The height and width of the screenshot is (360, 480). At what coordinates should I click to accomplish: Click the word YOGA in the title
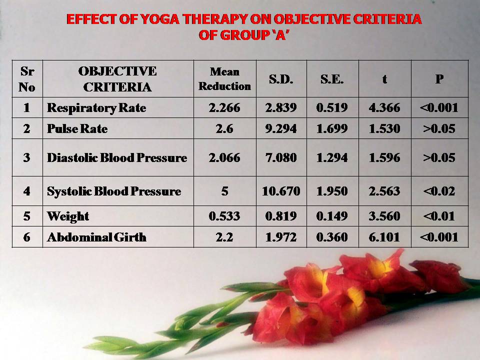(x=160, y=19)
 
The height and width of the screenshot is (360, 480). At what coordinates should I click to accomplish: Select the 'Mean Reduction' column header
(x=224, y=79)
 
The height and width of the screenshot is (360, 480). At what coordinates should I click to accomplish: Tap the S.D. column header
(x=281, y=79)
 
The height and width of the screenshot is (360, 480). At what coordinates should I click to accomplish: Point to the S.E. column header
(x=332, y=79)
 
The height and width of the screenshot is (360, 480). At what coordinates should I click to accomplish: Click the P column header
(x=439, y=79)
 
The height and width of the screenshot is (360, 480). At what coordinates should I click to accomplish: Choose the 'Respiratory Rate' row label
(x=96, y=108)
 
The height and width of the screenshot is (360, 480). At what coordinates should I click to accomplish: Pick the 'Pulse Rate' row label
(x=77, y=128)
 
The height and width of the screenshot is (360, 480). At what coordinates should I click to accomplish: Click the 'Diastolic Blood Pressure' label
(x=117, y=157)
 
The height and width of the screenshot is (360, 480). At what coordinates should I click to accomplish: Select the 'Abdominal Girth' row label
(x=96, y=237)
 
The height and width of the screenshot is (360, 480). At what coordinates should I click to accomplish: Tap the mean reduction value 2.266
(x=224, y=108)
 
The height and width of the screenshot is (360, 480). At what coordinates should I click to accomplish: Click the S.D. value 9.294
(x=281, y=128)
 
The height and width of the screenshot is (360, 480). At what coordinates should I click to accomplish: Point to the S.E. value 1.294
(x=332, y=157)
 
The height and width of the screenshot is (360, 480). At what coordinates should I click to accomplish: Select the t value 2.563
(x=384, y=191)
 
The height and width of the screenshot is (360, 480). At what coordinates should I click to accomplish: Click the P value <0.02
(x=439, y=191)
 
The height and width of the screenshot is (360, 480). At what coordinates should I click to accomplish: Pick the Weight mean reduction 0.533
(x=224, y=216)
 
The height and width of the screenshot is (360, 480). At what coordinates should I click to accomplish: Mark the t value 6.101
(x=384, y=237)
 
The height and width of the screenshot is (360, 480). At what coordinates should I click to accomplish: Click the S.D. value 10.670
(x=281, y=191)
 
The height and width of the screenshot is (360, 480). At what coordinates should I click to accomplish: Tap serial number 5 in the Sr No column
(x=27, y=216)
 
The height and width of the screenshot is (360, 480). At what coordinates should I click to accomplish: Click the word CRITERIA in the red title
(x=387, y=19)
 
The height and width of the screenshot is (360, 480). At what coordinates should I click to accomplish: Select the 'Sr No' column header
(x=27, y=79)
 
